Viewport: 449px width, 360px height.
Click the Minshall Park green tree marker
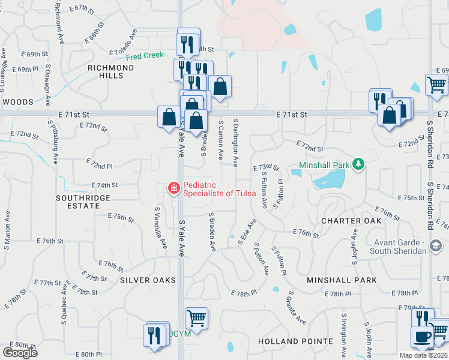click(358, 164)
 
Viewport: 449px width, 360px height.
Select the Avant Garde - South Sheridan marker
click(436, 245)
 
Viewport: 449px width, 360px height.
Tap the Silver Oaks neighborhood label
click(148, 280)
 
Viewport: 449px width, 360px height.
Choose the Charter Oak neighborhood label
click(351, 221)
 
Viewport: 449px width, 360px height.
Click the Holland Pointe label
click(295, 341)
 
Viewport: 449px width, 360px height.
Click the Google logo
click(20, 353)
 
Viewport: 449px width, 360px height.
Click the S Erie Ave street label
click(247, 230)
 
